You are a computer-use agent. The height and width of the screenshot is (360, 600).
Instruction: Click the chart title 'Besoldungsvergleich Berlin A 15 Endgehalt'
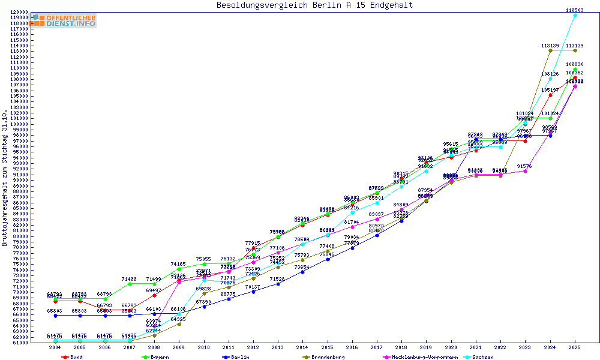pyautogui.click(x=314, y=5)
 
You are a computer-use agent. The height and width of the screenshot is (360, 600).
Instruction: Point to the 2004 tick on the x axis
pyautogui.click(x=55, y=347)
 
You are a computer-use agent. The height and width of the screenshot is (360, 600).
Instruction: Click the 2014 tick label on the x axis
pyautogui.click(x=303, y=347)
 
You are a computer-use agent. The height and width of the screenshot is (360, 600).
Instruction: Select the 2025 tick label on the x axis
pyautogui.click(x=575, y=347)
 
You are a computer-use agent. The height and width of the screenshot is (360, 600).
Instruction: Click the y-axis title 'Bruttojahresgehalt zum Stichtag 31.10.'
pyautogui.click(x=5, y=178)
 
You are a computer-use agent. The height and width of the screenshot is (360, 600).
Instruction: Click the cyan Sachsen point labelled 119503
pyautogui.click(x=575, y=15)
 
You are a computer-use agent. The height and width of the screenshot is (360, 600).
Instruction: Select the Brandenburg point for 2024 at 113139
pyautogui.click(x=550, y=50)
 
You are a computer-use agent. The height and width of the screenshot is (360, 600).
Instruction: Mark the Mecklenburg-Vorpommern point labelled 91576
pyautogui.click(x=525, y=171)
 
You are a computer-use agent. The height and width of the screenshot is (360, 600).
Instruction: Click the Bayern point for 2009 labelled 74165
pyautogui.click(x=179, y=269)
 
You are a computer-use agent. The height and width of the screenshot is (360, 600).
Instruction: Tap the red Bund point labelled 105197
pyautogui.click(x=550, y=95)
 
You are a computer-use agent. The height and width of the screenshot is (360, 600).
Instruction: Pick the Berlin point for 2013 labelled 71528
pyautogui.click(x=278, y=284)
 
